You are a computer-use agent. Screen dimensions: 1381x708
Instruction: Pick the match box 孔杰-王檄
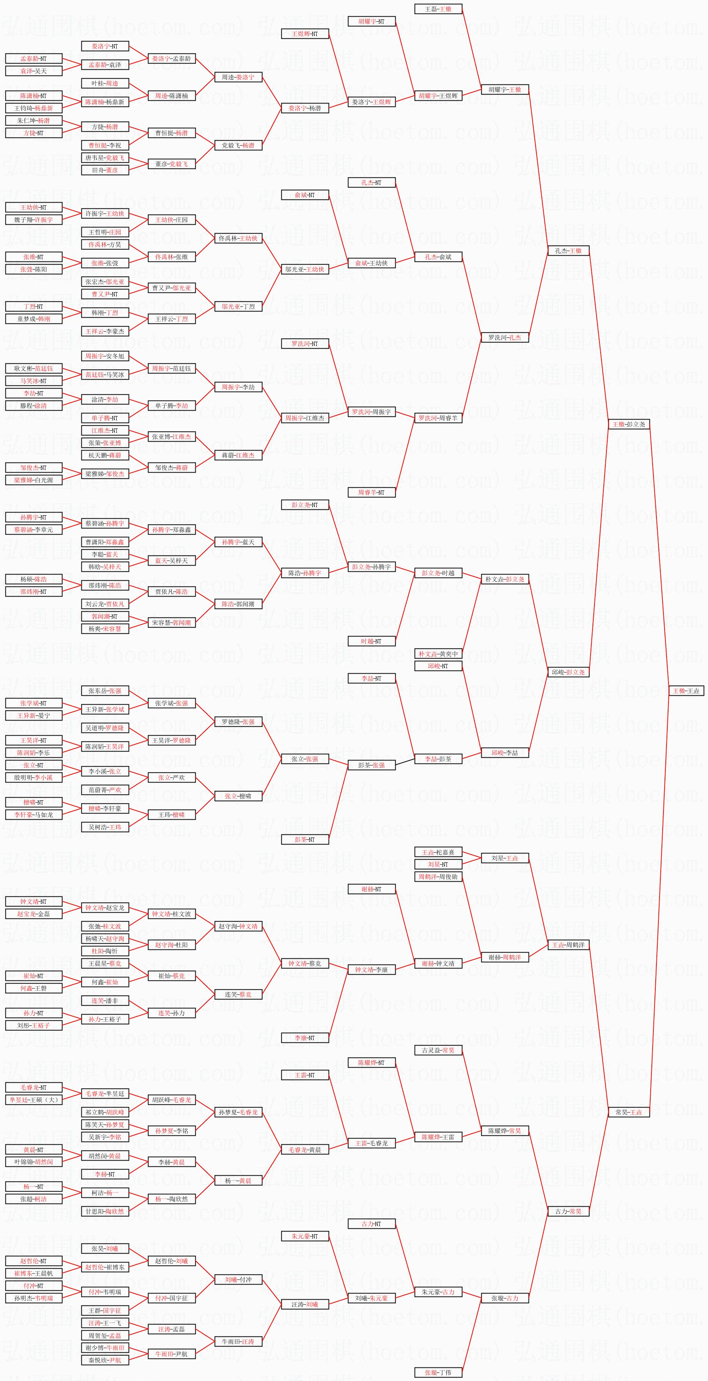(x=568, y=250)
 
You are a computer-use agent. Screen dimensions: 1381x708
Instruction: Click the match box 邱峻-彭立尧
(x=568, y=672)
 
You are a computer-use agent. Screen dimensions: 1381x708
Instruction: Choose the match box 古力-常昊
(x=568, y=1211)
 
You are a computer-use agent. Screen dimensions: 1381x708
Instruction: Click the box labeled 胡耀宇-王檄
(x=505, y=89)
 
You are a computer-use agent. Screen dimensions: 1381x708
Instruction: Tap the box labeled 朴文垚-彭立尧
(x=505, y=579)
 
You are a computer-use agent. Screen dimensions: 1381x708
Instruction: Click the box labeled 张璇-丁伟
(x=438, y=1372)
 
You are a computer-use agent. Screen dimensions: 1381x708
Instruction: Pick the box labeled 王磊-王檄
(x=438, y=9)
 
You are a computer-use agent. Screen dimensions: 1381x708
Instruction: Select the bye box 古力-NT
(x=371, y=1224)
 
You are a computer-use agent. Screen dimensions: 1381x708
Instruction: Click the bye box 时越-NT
(x=371, y=641)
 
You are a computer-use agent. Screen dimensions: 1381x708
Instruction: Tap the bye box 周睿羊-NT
(x=371, y=492)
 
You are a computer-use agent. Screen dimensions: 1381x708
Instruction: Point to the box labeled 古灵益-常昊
(x=438, y=1050)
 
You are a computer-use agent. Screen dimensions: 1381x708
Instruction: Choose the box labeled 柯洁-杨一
(x=105, y=1193)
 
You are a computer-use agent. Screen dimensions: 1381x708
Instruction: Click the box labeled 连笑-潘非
(x=105, y=1000)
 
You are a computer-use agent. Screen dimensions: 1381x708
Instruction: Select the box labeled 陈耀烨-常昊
(x=505, y=1131)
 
